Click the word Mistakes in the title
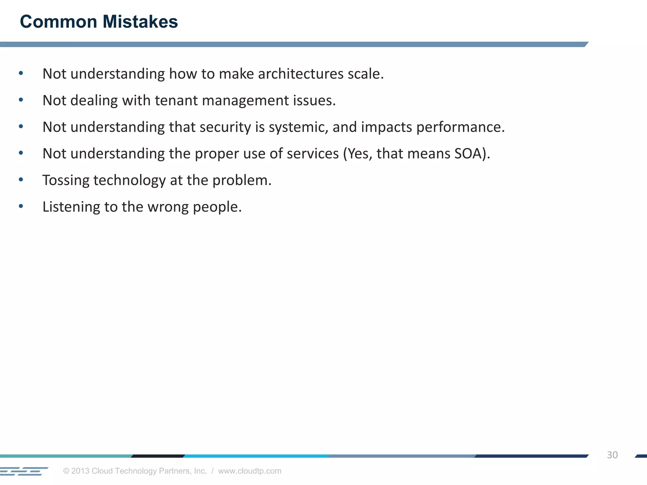pos(140,22)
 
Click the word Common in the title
pos(58,22)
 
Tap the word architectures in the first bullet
pos(300,74)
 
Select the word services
pos(313,154)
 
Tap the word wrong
pos(168,207)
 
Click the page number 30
pos(612,455)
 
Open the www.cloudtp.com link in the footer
pos(250,471)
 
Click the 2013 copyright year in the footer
pos(80,471)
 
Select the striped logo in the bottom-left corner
pos(24,471)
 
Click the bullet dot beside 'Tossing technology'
pos(21,180)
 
